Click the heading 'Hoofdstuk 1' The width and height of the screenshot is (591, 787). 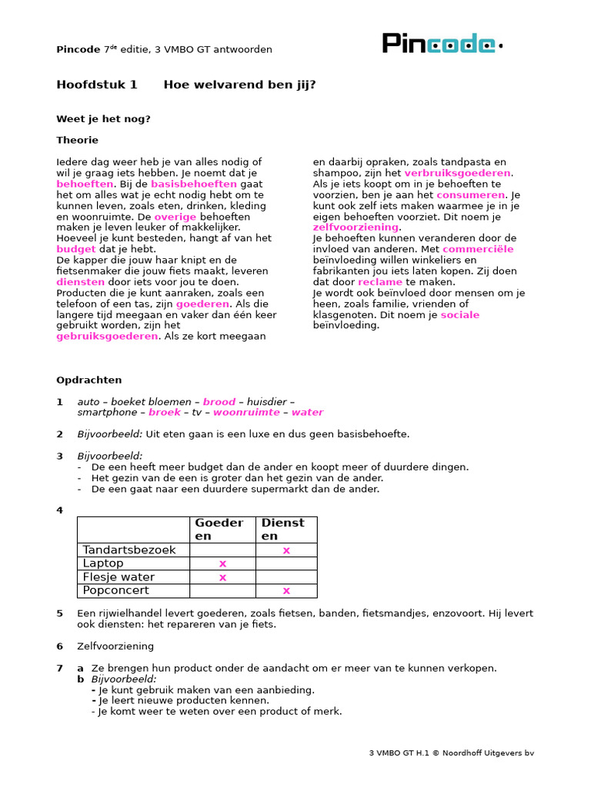tap(97, 85)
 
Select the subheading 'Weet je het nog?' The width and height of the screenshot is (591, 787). tap(103, 119)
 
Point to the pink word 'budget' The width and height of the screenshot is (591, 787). tap(76, 249)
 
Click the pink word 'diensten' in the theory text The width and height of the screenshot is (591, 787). tap(80, 282)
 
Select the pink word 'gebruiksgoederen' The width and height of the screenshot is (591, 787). tap(107, 336)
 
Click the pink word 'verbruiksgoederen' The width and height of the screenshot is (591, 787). tap(457, 173)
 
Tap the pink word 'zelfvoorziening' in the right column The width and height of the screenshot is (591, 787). tap(356, 227)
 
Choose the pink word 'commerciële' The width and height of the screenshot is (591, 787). tap(478, 249)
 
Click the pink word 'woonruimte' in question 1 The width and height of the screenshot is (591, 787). tap(246, 412)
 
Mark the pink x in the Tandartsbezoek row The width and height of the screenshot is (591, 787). tap(286, 550)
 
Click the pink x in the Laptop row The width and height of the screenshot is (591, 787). tap(222, 563)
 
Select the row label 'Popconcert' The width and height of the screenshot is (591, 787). tap(115, 590)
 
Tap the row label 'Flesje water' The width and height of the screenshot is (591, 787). tap(119, 577)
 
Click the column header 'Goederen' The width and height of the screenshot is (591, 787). tap(219, 529)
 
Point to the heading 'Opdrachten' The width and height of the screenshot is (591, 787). tap(88, 380)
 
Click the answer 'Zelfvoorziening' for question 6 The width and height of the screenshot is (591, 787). tap(115, 646)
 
